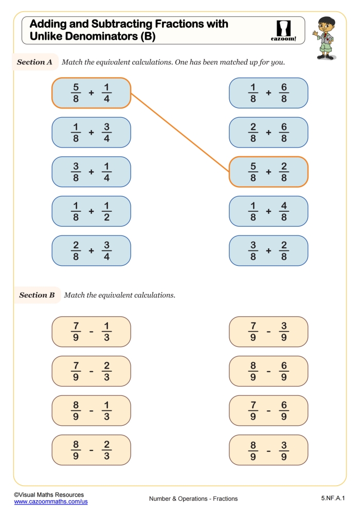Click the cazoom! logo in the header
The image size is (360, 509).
[283, 31]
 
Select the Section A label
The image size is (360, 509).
[35, 62]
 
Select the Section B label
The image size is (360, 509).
[37, 295]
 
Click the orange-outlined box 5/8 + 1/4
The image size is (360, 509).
[91, 93]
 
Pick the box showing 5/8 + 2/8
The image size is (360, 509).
[268, 172]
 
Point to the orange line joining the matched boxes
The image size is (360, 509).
[180, 133]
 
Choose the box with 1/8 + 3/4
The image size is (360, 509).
[91, 132]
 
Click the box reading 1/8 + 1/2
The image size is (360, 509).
[91, 211]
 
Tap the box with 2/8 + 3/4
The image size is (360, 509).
[91, 250]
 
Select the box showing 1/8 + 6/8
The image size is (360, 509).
[268, 93]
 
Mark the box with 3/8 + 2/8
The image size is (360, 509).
[268, 250]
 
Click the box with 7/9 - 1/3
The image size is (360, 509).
[91, 332]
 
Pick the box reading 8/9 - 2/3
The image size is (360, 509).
[91, 450]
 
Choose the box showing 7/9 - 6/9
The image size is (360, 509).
[268, 410]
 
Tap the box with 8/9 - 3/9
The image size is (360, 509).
[268, 450]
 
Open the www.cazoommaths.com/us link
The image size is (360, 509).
[50, 501]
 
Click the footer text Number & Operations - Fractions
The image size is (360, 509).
[193, 498]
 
